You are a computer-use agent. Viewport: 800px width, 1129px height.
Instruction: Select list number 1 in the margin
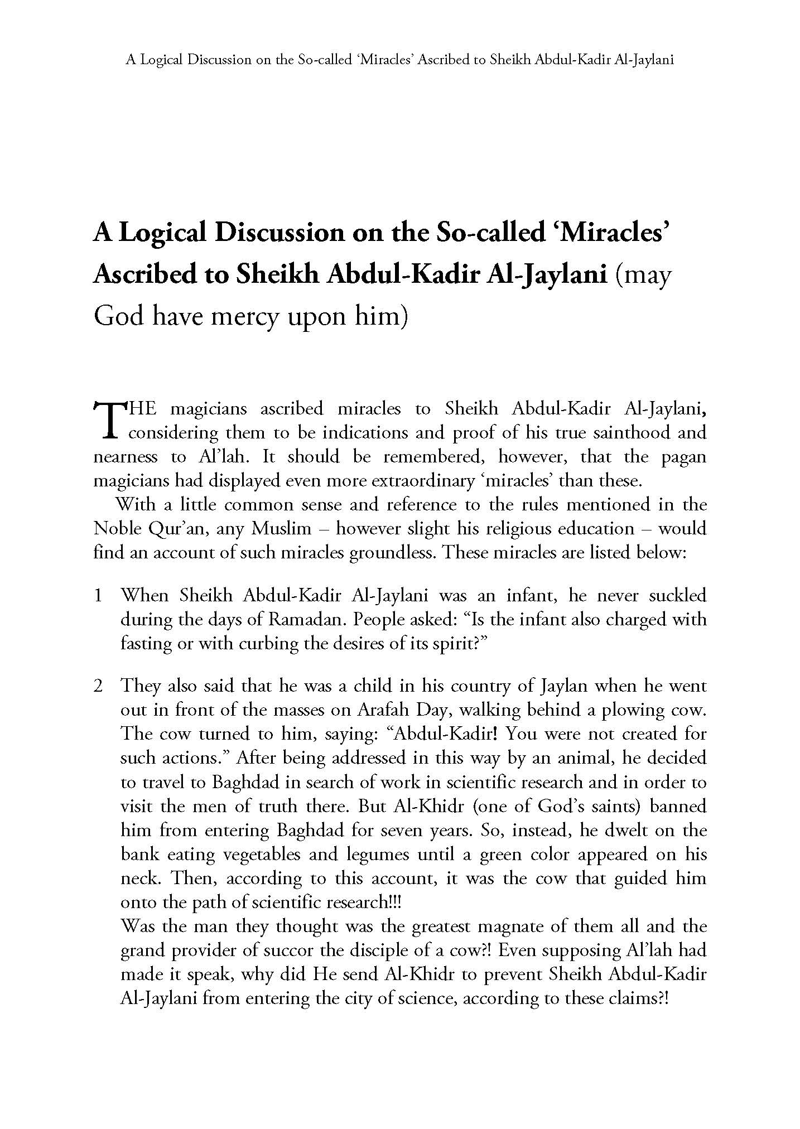pos(98,596)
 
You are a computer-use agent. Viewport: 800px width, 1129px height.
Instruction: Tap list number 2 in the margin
pos(98,686)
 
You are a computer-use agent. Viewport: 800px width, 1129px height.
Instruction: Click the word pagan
pos(683,457)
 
